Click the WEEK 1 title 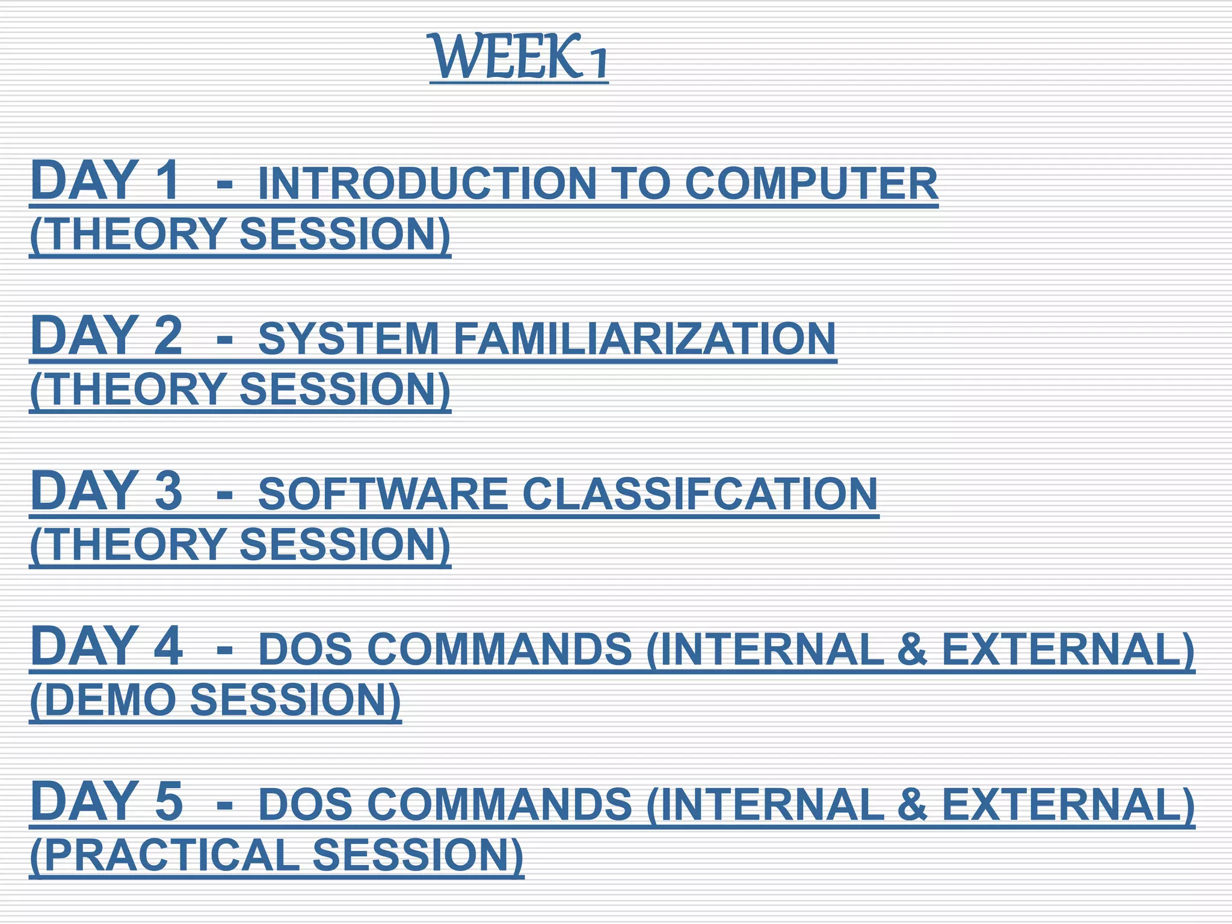(x=519, y=58)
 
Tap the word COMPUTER (x=812, y=184)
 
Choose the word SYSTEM (x=349, y=339)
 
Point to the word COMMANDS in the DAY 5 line (x=499, y=805)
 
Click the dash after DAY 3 (x=224, y=494)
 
